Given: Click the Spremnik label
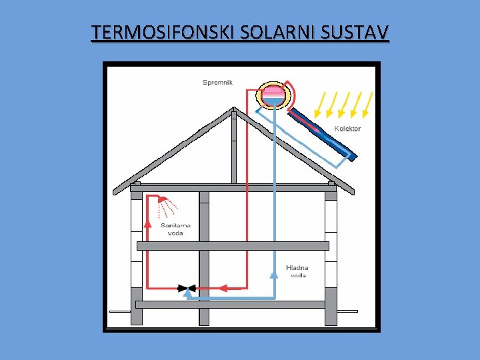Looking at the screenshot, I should [x=217, y=83].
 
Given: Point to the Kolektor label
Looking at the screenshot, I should [x=347, y=128].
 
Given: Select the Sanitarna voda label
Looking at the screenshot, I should [x=176, y=229].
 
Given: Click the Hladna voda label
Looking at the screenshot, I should [x=296, y=271].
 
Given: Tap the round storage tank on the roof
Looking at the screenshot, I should [x=273, y=95].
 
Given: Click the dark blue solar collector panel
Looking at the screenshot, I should [x=320, y=131].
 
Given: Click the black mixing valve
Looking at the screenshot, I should [x=183, y=288].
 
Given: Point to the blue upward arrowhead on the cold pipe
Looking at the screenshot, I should [x=274, y=271].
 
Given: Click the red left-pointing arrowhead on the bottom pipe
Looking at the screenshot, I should [x=223, y=288].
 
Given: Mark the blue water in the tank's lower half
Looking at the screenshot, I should [x=273, y=101].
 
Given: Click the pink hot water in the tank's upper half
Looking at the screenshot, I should [x=273, y=91].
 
